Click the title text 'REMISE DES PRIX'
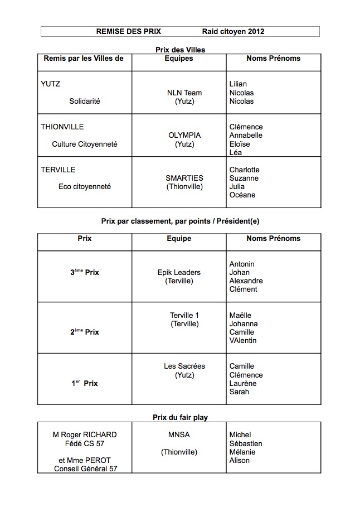(x=128, y=32)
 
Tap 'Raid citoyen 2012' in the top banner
(x=233, y=32)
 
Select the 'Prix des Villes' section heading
(x=180, y=50)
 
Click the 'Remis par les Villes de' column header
(x=84, y=59)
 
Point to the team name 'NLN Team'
(x=184, y=93)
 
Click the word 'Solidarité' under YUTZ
(x=85, y=102)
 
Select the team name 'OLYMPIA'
(x=184, y=136)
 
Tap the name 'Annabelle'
(x=246, y=136)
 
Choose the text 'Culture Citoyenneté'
(x=85, y=144)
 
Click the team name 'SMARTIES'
(x=184, y=178)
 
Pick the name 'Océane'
(x=242, y=195)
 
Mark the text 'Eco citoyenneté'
(x=85, y=187)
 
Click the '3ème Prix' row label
(x=85, y=273)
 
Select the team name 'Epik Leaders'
(x=179, y=273)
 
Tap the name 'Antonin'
(x=242, y=264)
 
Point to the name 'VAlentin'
(x=243, y=341)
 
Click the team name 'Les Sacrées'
(x=184, y=366)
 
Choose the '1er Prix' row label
(x=85, y=384)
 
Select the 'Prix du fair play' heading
(x=180, y=418)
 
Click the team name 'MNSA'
(x=179, y=435)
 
